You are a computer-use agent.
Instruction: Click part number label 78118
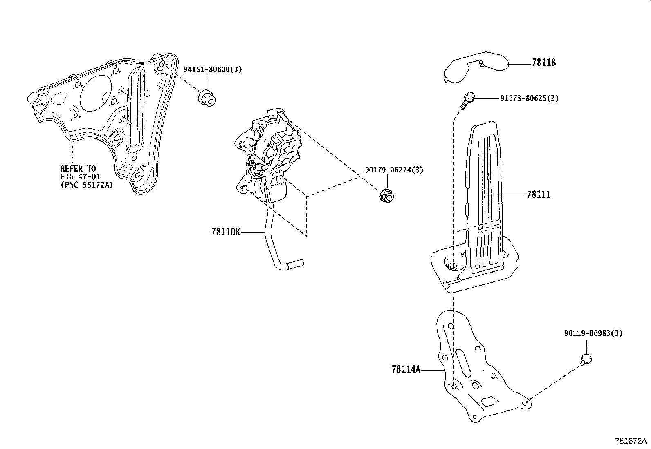pyautogui.click(x=544, y=63)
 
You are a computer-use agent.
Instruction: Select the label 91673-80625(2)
pyautogui.click(x=529, y=98)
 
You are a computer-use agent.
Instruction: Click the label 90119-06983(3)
pyautogui.click(x=593, y=333)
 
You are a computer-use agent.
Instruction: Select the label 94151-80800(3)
pyautogui.click(x=213, y=69)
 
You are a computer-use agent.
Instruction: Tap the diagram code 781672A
pyautogui.click(x=631, y=441)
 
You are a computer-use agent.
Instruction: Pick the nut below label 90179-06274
pyautogui.click(x=386, y=196)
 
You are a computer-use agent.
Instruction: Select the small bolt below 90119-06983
pyautogui.click(x=586, y=360)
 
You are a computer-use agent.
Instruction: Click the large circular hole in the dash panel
pyautogui.click(x=97, y=93)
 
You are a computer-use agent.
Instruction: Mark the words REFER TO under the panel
pyautogui.click(x=78, y=168)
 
